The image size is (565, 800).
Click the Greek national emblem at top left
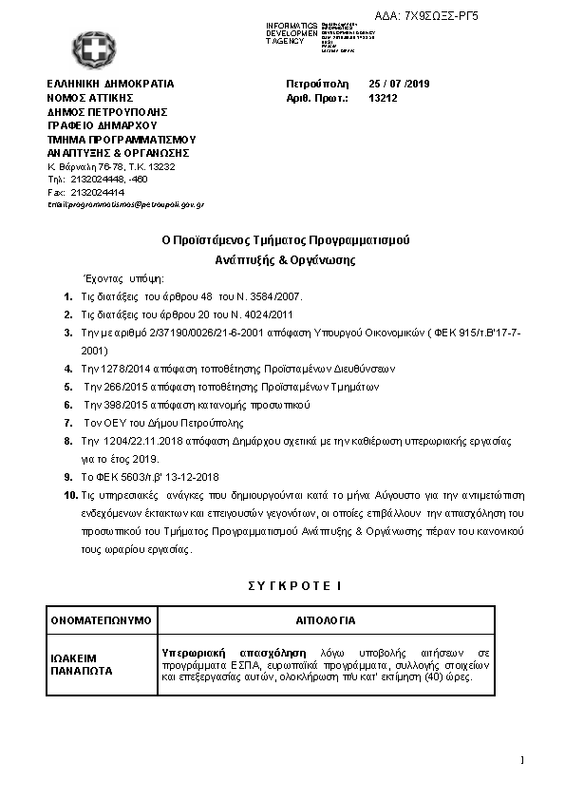[x=91, y=48]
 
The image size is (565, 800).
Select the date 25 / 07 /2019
[x=400, y=84]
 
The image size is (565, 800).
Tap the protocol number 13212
[x=383, y=97]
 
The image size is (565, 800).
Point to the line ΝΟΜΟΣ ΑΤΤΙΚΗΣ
[x=90, y=97]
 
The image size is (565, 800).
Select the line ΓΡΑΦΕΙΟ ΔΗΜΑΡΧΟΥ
[x=102, y=124]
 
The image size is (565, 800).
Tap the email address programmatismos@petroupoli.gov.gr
[x=125, y=205]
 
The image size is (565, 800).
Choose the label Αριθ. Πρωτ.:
[x=318, y=97]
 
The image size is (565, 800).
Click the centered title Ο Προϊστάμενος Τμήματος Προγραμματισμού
[x=285, y=239]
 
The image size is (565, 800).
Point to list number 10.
[x=69, y=496]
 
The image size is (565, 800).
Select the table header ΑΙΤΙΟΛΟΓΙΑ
[x=326, y=620]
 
